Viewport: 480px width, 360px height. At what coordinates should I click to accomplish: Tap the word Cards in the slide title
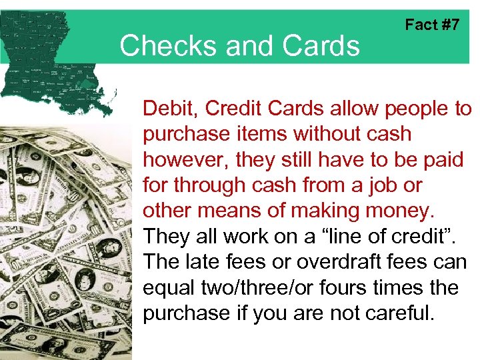321,46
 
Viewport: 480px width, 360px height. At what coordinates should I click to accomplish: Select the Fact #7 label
432,25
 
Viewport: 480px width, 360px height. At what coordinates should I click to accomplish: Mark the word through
207,185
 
